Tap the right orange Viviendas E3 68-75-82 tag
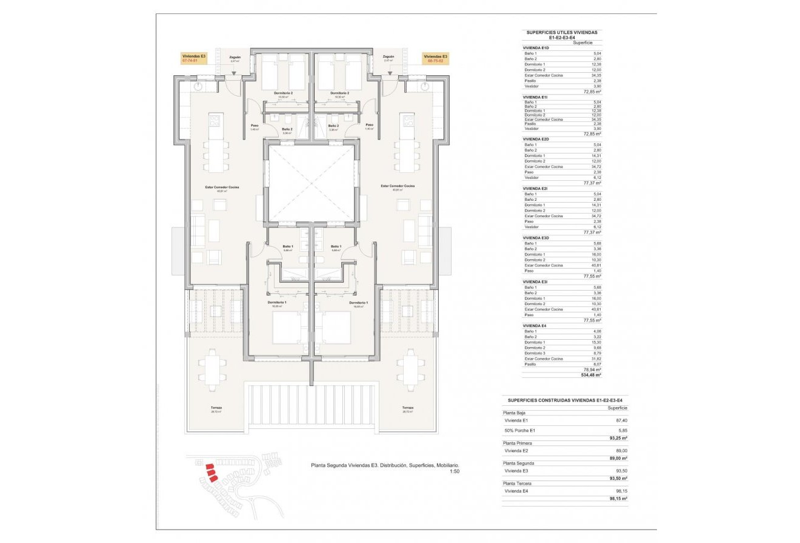[435, 58]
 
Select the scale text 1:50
[454, 471]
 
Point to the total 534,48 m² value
[590, 375]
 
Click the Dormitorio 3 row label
[536, 353]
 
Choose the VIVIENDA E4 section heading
[535, 326]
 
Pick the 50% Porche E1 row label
[521, 430]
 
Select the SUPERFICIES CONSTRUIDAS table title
[564, 400]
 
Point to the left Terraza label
[216, 408]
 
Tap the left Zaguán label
[235, 57]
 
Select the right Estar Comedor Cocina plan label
[398, 186]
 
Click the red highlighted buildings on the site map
[208, 471]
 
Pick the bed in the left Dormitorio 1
[290, 326]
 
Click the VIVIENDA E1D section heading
[536, 47]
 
